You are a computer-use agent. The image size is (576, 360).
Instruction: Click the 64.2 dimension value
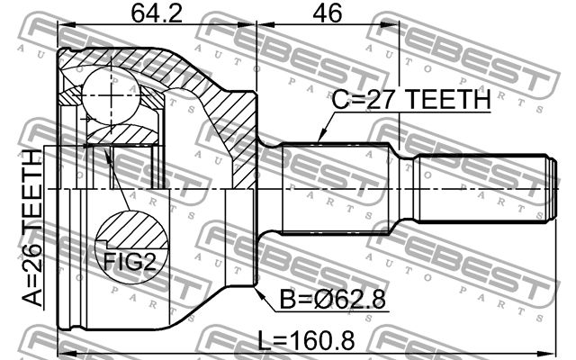tap(157, 13)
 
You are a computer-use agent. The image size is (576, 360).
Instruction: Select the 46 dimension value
tap(327, 13)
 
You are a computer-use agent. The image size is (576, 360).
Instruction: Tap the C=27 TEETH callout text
tap(411, 99)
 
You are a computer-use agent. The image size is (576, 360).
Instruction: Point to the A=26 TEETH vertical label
tap(32, 228)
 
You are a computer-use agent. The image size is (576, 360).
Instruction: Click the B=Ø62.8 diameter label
tap(332, 299)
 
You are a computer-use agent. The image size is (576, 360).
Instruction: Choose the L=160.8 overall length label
tap(306, 340)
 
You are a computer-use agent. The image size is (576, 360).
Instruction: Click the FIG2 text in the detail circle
tap(130, 262)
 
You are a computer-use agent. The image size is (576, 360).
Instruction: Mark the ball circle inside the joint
tap(111, 95)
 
